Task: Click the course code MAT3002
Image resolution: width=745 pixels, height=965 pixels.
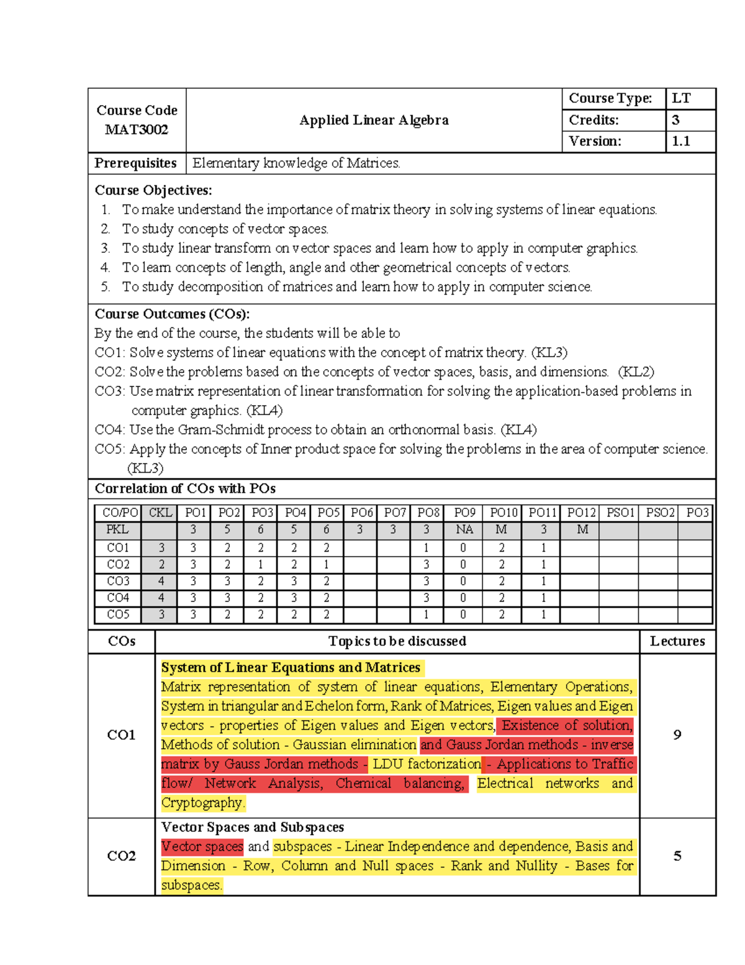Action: pyautogui.click(x=137, y=130)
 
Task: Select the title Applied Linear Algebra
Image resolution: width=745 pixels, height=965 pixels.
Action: pyautogui.click(x=374, y=120)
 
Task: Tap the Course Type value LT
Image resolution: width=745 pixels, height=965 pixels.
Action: pyautogui.click(x=681, y=98)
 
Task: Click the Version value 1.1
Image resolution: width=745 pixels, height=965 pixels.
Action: pyautogui.click(x=681, y=141)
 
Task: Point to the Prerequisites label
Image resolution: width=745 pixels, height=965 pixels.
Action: pyautogui.click(x=136, y=163)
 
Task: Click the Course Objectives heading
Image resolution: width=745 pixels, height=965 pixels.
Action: pyautogui.click(x=153, y=190)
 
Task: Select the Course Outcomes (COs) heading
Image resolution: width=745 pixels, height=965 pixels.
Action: pyautogui.click(x=172, y=314)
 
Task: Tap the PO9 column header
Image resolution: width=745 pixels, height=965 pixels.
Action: pyautogui.click(x=464, y=513)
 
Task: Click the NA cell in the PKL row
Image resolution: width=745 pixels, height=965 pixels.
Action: pyautogui.click(x=464, y=529)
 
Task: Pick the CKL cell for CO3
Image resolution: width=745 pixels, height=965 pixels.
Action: pyautogui.click(x=161, y=581)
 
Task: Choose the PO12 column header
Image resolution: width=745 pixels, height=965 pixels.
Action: pyautogui.click(x=581, y=513)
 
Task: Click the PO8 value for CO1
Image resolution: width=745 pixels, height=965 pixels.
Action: pyautogui.click(x=427, y=547)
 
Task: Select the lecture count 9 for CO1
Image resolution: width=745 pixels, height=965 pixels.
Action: pyautogui.click(x=677, y=734)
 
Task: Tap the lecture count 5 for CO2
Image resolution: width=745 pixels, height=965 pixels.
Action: pyautogui.click(x=677, y=856)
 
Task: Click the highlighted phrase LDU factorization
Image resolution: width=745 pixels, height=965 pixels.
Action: pyautogui.click(x=427, y=764)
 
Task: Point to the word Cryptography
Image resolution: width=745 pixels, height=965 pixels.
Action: pyautogui.click(x=202, y=802)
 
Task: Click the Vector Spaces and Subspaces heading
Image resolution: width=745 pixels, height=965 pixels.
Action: pyautogui.click(x=253, y=827)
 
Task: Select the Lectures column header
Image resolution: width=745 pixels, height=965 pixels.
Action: pyautogui.click(x=677, y=641)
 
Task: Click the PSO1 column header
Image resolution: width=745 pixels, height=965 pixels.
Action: pyautogui.click(x=620, y=513)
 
